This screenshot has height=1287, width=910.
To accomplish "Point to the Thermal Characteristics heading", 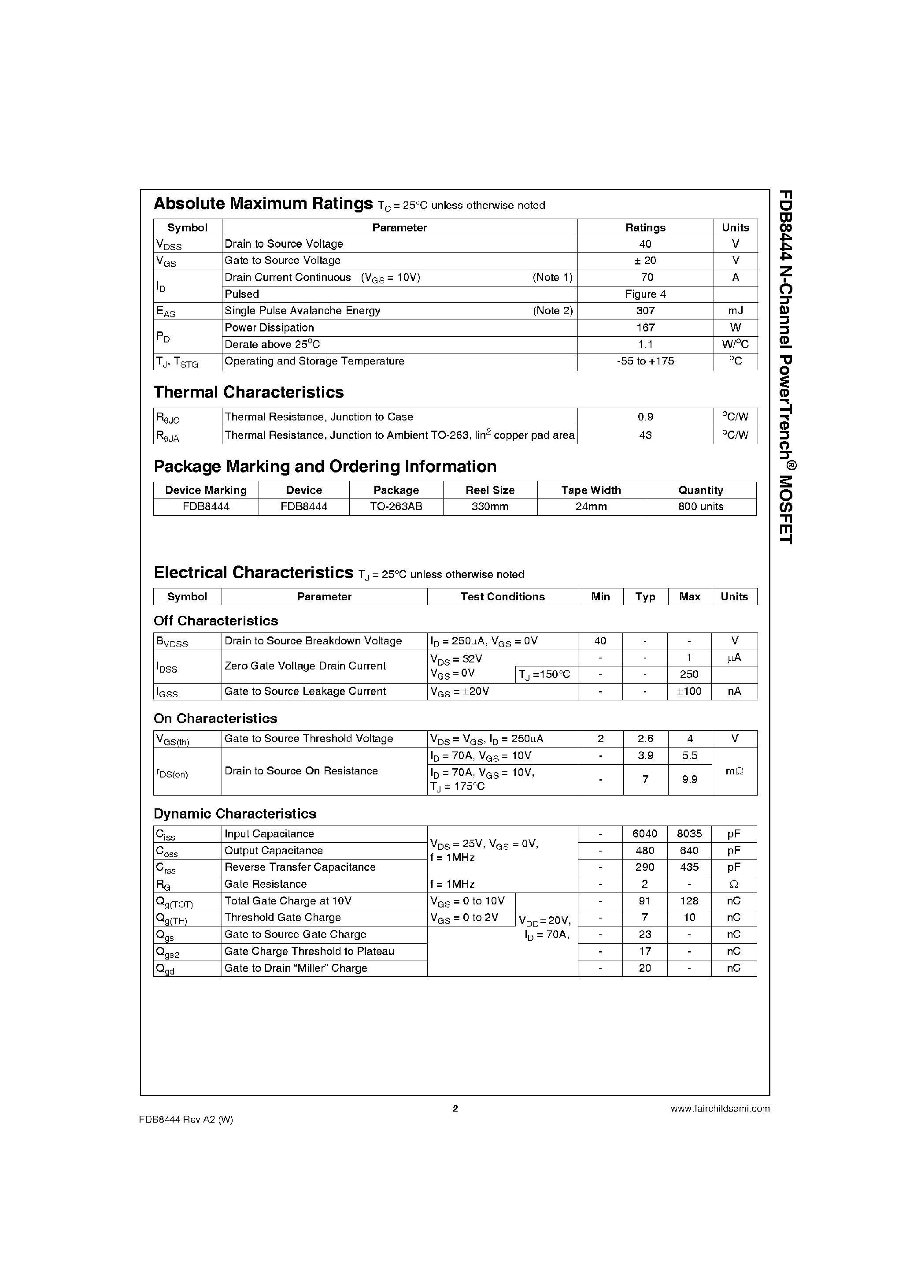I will point(248,392).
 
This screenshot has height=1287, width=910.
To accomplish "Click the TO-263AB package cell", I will point(396,506).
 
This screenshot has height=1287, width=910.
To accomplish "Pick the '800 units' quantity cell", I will point(700,506).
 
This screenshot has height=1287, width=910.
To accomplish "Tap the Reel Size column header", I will point(490,490).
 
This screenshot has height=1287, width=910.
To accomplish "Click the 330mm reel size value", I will point(490,506).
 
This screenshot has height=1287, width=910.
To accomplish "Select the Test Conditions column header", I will point(503,596).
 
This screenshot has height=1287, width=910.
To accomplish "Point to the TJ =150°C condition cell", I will point(545,674).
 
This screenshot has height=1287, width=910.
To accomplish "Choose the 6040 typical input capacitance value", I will point(644,833).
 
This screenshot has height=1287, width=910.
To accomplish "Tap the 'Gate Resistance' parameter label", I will point(266,884).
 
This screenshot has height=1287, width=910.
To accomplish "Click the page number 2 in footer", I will point(455,1108).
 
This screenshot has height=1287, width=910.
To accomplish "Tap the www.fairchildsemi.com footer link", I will point(719,1108).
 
